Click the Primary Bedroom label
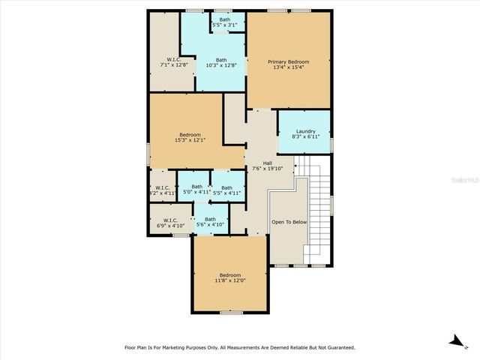[288, 61]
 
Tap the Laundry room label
[305, 131]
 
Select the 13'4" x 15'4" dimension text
[288, 67]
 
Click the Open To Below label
[289, 222]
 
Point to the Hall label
[267, 163]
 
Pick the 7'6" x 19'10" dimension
[267, 169]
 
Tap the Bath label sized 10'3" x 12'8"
[221, 60]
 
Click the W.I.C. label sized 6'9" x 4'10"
[170, 220]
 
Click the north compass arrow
[454, 341]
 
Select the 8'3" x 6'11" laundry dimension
[305, 137]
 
